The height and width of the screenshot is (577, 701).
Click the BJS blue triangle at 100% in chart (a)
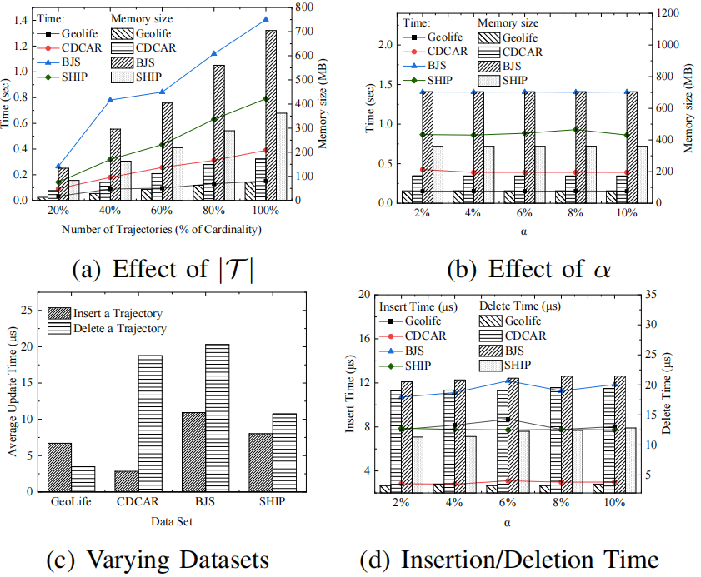266,18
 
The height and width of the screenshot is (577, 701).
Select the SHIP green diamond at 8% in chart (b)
575,130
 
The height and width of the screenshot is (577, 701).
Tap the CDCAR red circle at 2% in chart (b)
423,170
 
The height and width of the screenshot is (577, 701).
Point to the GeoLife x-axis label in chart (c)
66,502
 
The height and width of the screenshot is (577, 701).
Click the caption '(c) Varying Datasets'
158,557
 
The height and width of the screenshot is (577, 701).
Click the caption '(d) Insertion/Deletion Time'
509,557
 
